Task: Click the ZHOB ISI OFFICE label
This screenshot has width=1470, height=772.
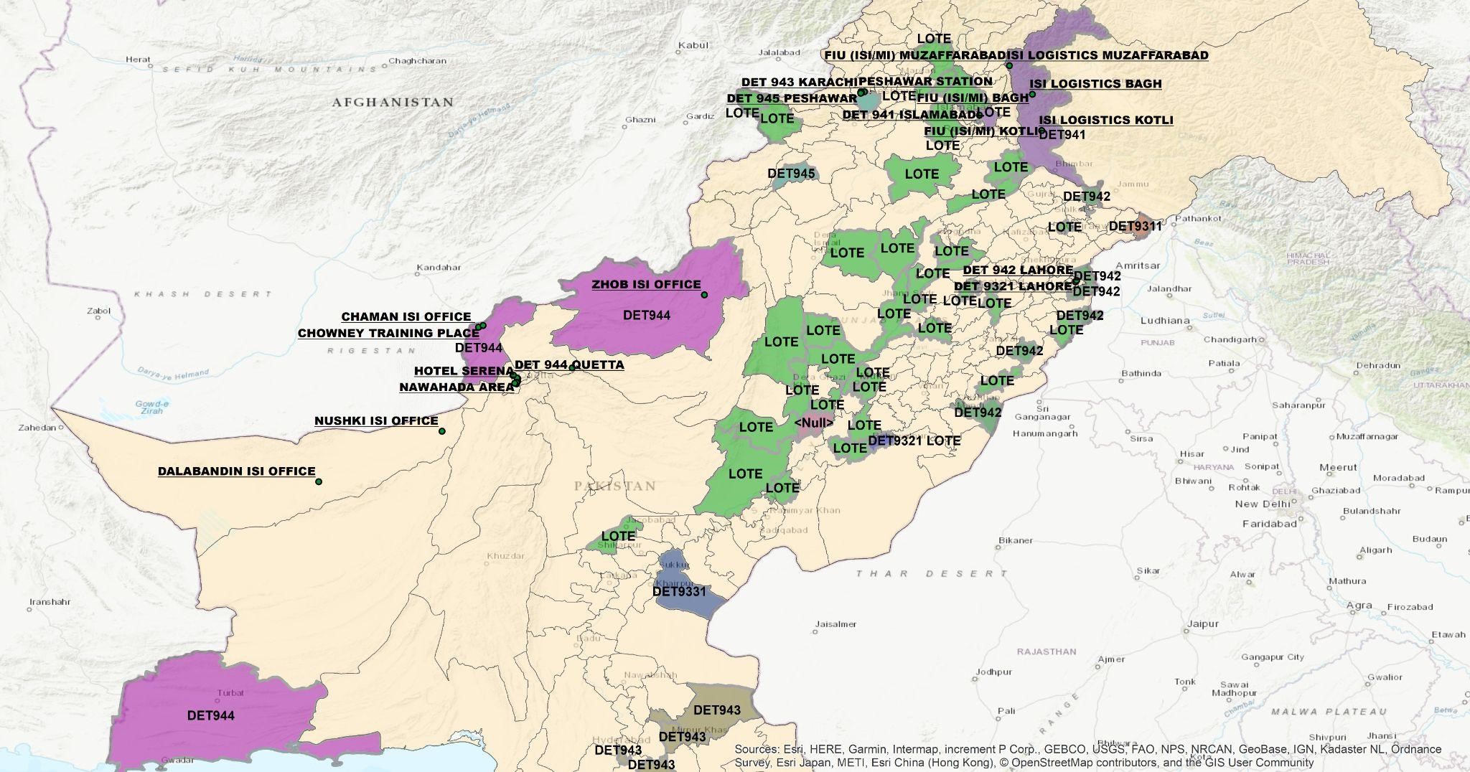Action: (645, 284)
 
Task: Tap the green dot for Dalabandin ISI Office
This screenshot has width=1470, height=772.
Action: (319, 481)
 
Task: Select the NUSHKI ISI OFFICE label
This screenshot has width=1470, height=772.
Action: (376, 421)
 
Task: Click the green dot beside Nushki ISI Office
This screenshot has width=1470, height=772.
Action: (442, 431)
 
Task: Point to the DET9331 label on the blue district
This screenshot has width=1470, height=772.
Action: (679, 592)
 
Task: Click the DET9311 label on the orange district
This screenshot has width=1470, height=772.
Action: (1135, 226)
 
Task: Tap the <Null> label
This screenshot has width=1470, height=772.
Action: (814, 423)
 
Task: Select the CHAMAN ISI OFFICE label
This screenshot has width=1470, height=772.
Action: (406, 316)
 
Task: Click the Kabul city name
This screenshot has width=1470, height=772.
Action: (693, 45)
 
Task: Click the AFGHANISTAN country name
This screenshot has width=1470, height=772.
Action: (393, 103)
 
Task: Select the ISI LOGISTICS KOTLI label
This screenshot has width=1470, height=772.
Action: (1106, 120)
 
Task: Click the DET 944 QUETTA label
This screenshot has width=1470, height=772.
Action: (569, 364)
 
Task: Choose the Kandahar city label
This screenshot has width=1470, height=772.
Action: (439, 267)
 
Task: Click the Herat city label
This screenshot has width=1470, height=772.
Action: (138, 60)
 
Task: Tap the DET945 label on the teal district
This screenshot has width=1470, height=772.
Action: (791, 173)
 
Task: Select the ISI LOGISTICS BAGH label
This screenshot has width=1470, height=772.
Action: (1095, 83)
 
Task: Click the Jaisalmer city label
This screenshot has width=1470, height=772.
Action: (835, 624)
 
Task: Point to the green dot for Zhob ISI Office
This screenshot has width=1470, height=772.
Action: (704, 295)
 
